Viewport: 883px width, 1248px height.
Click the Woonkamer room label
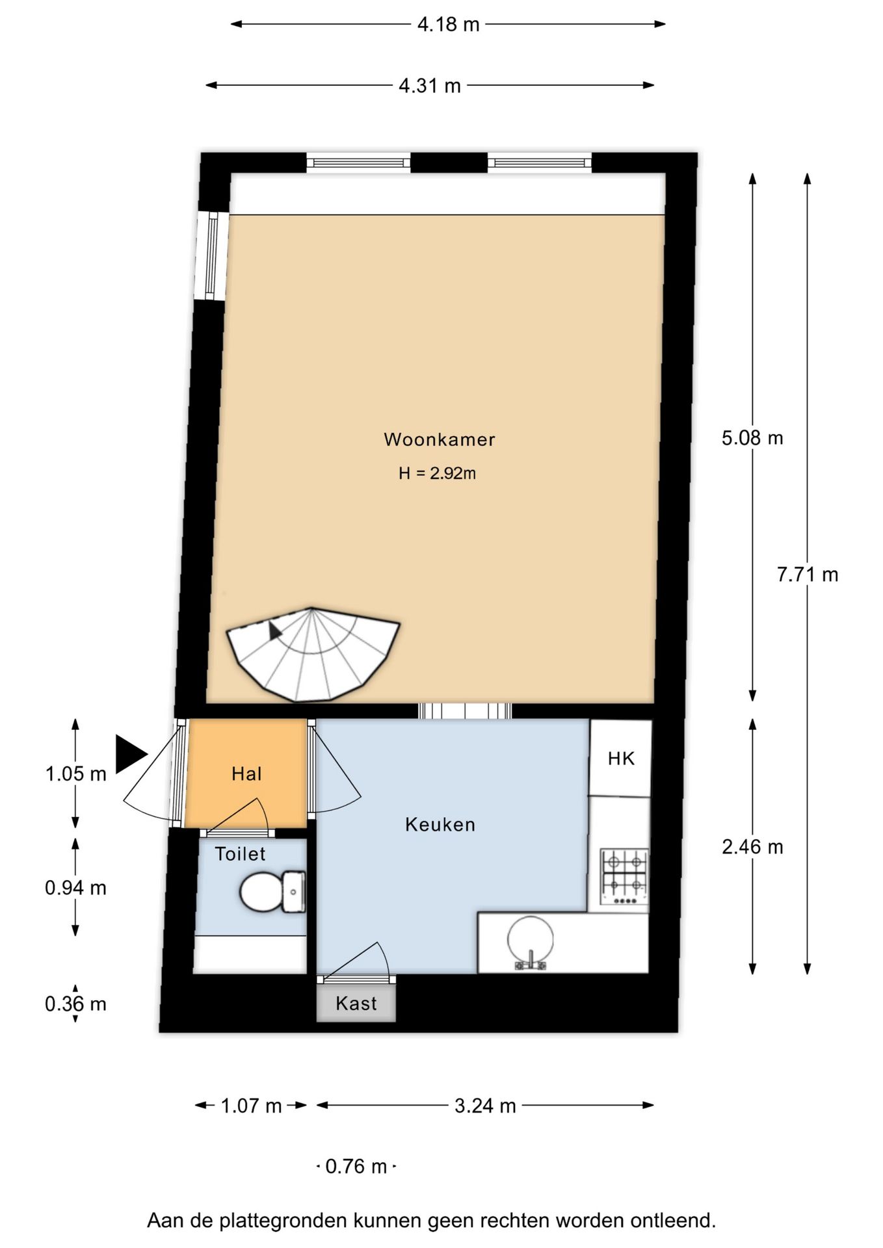coord(440,439)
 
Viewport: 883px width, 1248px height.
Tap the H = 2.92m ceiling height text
coord(437,473)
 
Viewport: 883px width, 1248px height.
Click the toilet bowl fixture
coord(272,892)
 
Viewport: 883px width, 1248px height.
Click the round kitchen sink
coord(531,942)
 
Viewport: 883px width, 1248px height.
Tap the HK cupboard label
coord(621,759)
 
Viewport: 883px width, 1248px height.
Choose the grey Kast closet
coord(356,1003)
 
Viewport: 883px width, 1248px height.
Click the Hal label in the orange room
coord(246,773)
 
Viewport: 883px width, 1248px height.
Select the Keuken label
coord(440,825)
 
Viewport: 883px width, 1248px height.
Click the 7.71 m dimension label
coord(808,575)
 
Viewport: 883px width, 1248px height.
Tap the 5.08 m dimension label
coord(752,438)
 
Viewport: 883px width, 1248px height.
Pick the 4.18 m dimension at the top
coord(448,25)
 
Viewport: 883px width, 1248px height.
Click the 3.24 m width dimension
coord(485,1106)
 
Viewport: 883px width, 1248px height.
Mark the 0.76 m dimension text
coord(356,1166)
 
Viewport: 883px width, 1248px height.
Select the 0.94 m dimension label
coord(75,888)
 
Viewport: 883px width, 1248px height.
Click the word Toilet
coord(240,853)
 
